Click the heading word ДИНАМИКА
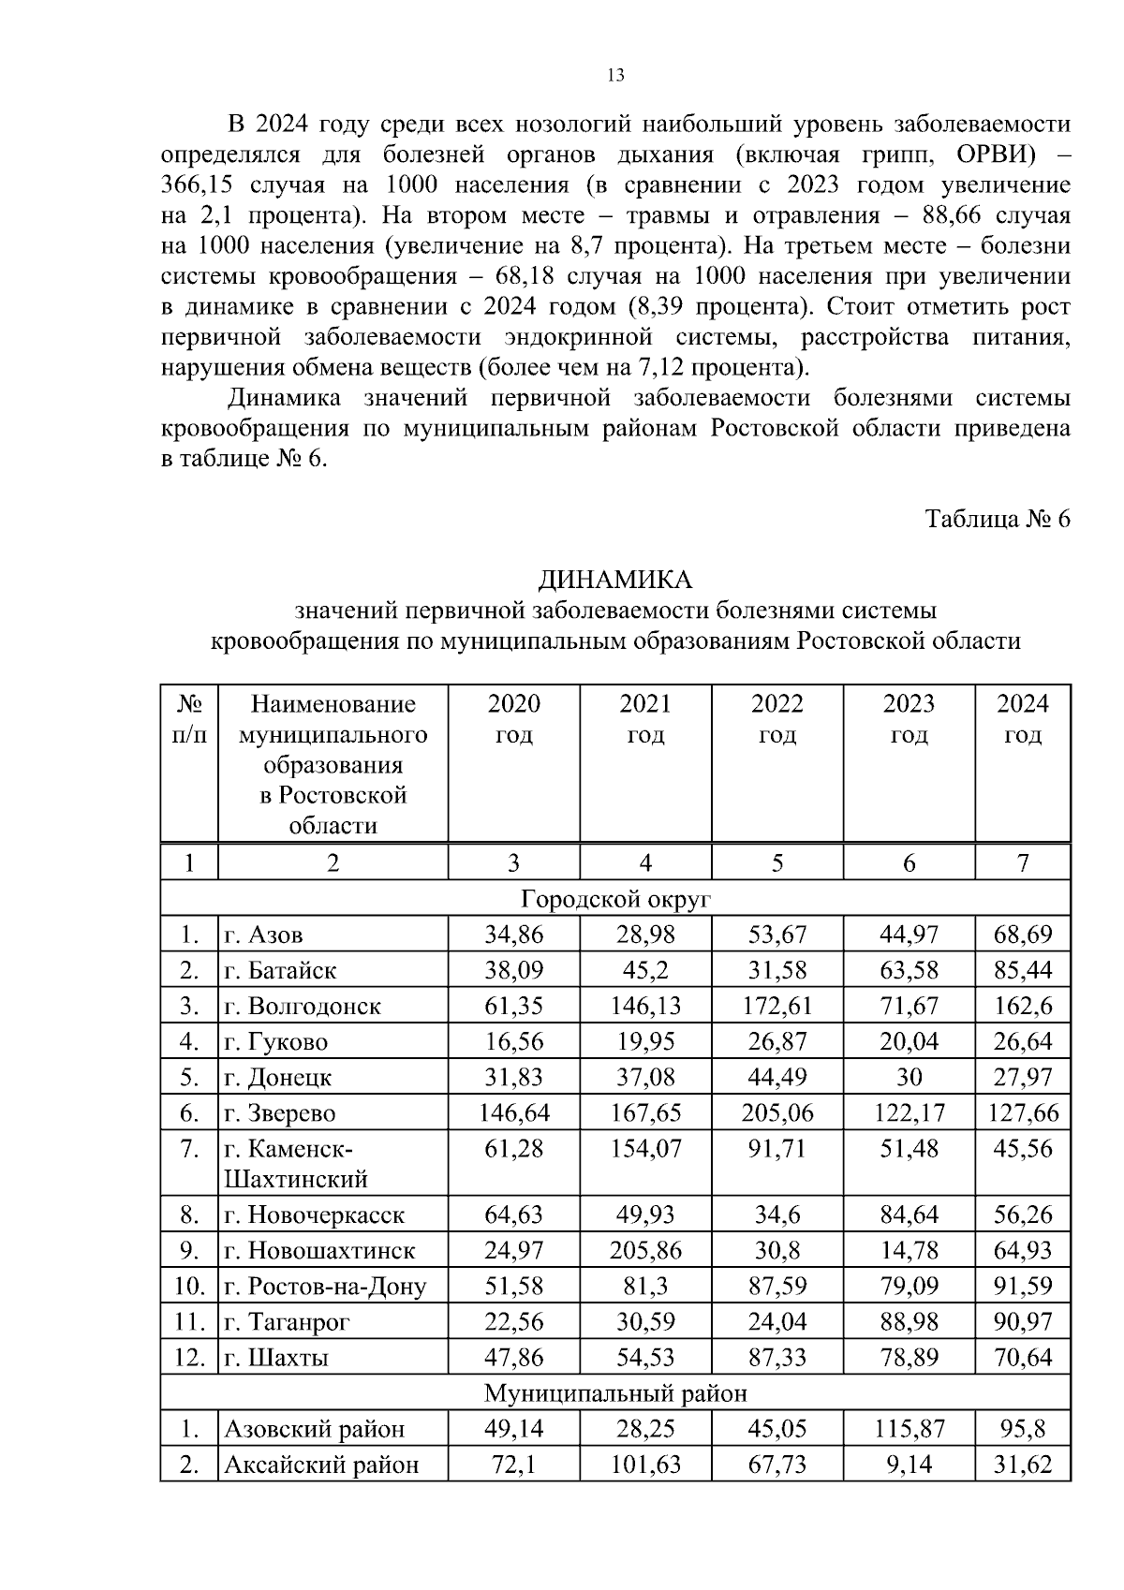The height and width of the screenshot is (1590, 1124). (615, 581)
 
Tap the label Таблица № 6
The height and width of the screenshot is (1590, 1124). (997, 519)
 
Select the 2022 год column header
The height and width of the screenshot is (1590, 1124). (776, 719)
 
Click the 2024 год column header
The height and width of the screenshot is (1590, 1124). (1022, 719)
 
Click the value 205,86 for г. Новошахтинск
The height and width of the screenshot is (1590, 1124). (644, 1250)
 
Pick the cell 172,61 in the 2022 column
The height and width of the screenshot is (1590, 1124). (776, 1007)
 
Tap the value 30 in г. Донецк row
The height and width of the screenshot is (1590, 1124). (909, 1078)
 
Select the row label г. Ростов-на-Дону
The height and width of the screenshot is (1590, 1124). (325, 1287)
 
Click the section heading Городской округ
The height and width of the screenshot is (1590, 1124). (615, 900)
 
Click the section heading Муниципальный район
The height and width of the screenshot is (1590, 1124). (615, 1393)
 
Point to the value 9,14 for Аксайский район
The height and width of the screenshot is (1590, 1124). (909, 1465)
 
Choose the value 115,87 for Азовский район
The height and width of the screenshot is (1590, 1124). (909, 1429)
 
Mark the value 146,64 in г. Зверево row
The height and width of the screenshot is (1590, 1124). (513, 1113)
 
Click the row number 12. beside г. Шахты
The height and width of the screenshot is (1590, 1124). (189, 1358)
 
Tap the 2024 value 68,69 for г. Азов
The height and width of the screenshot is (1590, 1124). (1022, 935)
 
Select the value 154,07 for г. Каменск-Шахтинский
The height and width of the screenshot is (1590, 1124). (644, 1149)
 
